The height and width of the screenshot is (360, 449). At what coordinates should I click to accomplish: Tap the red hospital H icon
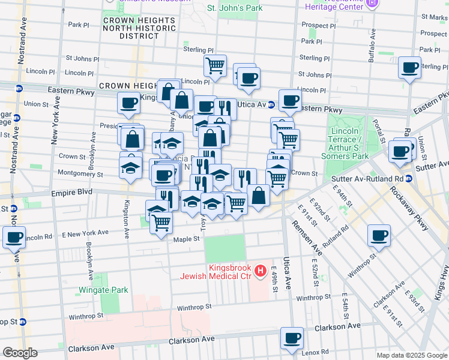(260, 272)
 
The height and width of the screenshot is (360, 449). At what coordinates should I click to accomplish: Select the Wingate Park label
(103, 290)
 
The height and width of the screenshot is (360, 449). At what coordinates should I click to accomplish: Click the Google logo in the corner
(19, 353)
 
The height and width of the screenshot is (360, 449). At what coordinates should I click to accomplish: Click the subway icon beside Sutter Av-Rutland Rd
(408, 178)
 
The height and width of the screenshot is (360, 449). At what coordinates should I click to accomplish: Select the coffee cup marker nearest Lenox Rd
(292, 340)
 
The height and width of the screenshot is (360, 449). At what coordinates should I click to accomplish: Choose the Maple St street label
(186, 239)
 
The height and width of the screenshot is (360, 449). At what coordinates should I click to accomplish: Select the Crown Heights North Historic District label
(139, 28)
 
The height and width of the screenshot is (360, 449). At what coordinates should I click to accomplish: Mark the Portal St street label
(379, 123)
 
